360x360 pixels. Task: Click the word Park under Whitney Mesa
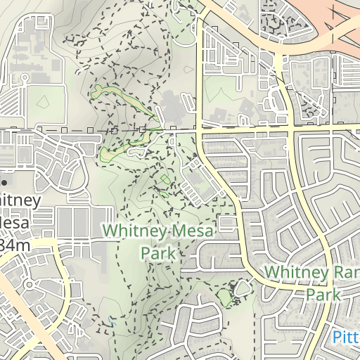157,252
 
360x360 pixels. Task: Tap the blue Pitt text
346,336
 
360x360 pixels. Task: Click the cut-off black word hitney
20,200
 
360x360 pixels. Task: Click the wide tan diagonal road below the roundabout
18,309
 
